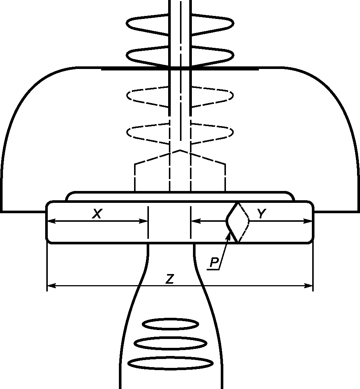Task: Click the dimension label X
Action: coord(97,214)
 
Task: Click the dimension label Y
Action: coord(261,214)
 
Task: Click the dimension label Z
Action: coord(170,280)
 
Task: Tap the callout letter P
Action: coord(214,263)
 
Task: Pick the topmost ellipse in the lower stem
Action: coord(170,324)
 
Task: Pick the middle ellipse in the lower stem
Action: coord(170,343)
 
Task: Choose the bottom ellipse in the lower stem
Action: coord(170,363)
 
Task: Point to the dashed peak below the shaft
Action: coord(180,151)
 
